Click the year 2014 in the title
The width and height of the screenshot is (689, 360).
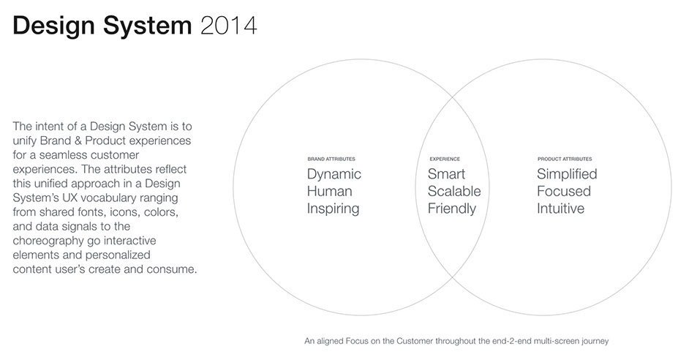228,26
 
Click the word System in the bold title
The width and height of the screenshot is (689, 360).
148,26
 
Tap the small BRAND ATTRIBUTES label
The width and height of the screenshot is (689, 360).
331,159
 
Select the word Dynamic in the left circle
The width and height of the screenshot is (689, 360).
334,174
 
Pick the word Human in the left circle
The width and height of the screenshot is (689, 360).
330,191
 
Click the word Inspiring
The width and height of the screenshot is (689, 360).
333,209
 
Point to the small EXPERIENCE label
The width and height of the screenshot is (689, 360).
445,159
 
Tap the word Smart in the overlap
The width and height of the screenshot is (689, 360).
446,174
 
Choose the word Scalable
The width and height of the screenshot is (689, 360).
454,191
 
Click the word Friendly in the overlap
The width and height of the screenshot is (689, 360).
452,209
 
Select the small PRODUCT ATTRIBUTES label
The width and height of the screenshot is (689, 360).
565,159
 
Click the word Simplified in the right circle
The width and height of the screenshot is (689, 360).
567,174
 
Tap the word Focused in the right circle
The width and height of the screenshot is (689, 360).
564,191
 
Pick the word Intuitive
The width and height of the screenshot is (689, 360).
561,209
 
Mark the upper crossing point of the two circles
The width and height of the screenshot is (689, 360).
453,97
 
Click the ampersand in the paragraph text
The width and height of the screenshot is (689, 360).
78,140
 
